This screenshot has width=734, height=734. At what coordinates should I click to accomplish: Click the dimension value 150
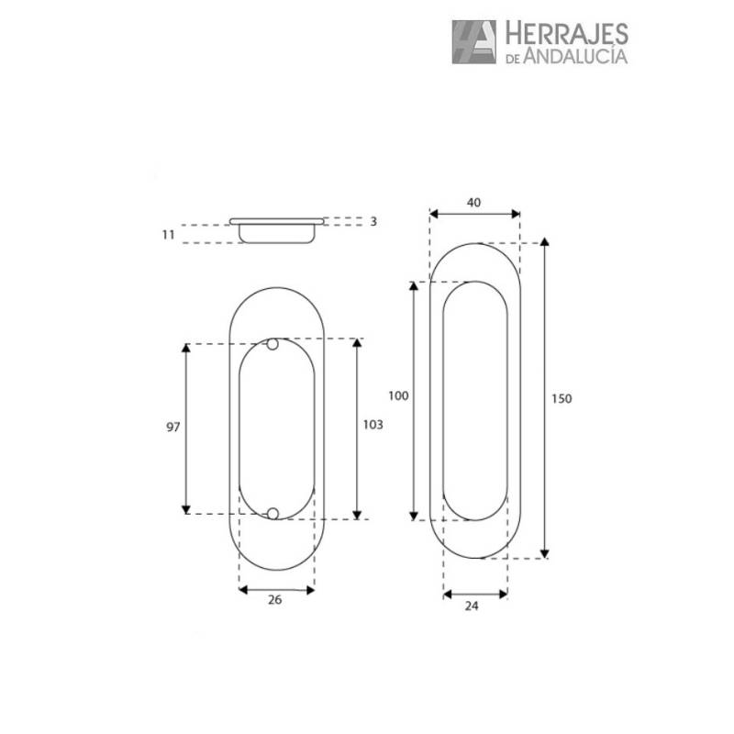(x=562, y=399)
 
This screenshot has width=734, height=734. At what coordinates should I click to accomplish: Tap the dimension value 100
(x=398, y=396)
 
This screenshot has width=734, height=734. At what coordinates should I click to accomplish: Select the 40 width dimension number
(x=473, y=203)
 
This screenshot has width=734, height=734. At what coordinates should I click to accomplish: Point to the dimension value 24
(x=472, y=606)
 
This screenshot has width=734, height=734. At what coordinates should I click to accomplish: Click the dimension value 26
(x=274, y=600)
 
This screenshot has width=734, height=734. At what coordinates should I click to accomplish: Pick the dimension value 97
(x=173, y=427)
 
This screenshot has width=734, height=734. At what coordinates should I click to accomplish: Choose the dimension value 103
(x=373, y=425)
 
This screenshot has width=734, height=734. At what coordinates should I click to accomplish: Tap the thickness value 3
(x=373, y=221)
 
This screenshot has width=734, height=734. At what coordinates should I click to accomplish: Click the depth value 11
(x=169, y=235)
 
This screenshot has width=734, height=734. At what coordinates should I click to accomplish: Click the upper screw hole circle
(x=272, y=345)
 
